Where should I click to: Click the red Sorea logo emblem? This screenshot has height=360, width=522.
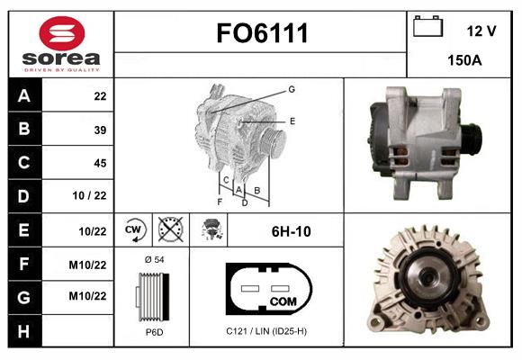pyautogui.click(x=62, y=33)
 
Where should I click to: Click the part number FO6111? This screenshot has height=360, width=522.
pyautogui.click(x=262, y=33)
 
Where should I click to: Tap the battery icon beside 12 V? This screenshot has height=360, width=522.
pyautogui.click(x=427, y=26)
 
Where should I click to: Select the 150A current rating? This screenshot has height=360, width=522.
pyautogui.click(x=464, y=60)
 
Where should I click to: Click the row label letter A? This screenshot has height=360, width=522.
pyautogui.click(x=24, y=96)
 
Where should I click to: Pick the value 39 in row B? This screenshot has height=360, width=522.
pyautogui.click(x=100, y=130)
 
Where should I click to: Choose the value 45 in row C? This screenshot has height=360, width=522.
pyautogui.click(x=100, y=163)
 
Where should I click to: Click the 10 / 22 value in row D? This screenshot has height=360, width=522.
pyautogui.click(x=90, y=195)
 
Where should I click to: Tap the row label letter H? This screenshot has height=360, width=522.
pyautogui.click(x=23, y=331)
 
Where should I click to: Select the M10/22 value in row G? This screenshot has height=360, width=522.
pyautogui.click(x=87, y=296)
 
